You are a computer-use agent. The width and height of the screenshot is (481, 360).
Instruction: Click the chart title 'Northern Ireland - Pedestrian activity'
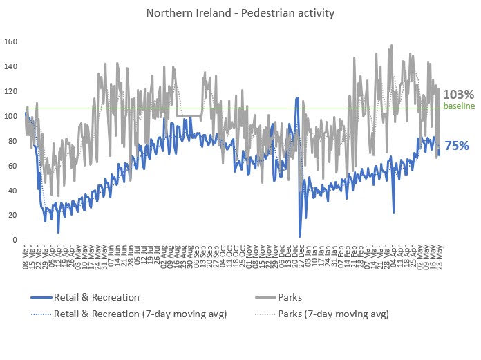click(x=240, y=13)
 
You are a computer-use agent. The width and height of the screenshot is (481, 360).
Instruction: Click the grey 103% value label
click(x=458, y=95)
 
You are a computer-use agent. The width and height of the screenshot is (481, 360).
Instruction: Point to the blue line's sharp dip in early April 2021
click(x=394, y=212)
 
